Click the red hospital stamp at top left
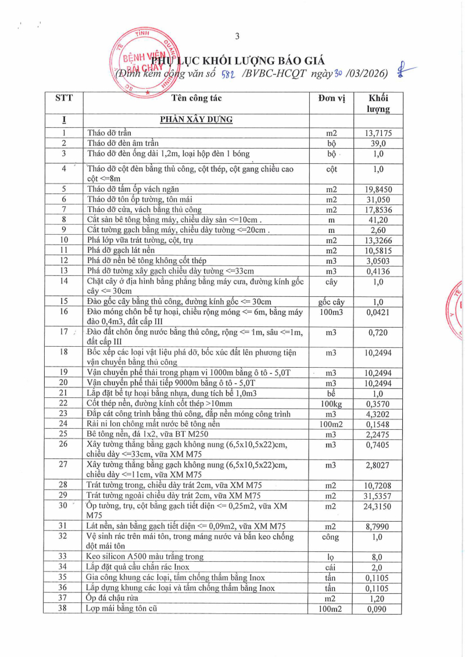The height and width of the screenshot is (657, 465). pos(139,63)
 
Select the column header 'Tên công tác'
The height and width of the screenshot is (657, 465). pos(196,98)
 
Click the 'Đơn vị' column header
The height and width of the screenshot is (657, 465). pos(331,98)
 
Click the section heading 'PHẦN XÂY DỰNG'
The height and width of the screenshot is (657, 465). pos(196,120)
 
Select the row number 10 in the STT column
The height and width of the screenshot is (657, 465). pos(64,239)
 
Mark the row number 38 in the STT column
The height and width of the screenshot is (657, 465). pos(64,608)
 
